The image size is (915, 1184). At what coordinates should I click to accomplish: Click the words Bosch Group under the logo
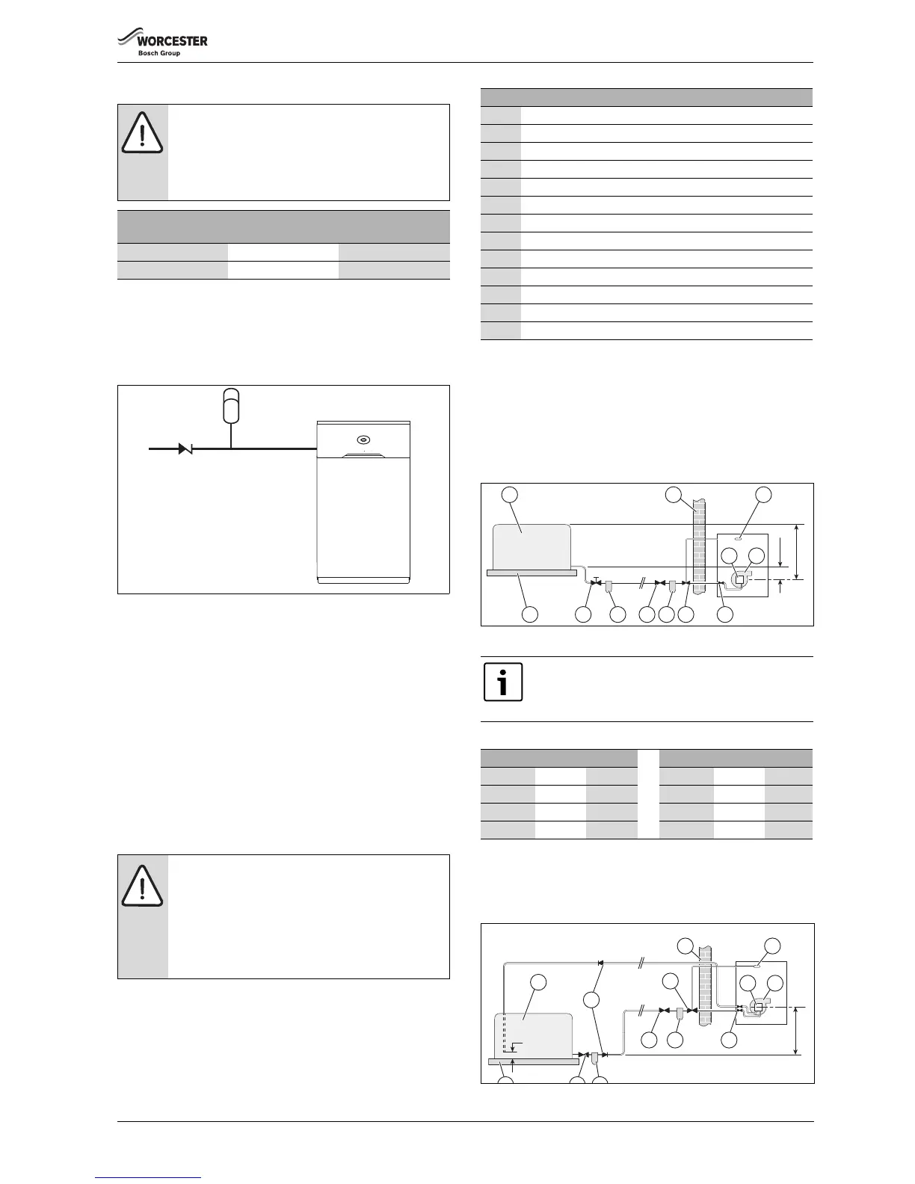(159, 53)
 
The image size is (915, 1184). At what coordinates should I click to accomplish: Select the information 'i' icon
(503, 682)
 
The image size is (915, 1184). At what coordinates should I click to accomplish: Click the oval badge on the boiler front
(363, 440)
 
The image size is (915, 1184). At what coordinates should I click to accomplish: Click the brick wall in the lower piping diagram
(704, 994)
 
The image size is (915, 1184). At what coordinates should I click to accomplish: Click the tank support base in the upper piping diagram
(532, 573)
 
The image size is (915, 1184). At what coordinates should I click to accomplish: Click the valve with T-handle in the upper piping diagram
(595, 582)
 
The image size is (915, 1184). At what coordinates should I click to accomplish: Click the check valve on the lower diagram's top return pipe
(600, 963)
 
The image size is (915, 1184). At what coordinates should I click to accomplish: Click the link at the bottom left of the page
(148, 1178)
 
